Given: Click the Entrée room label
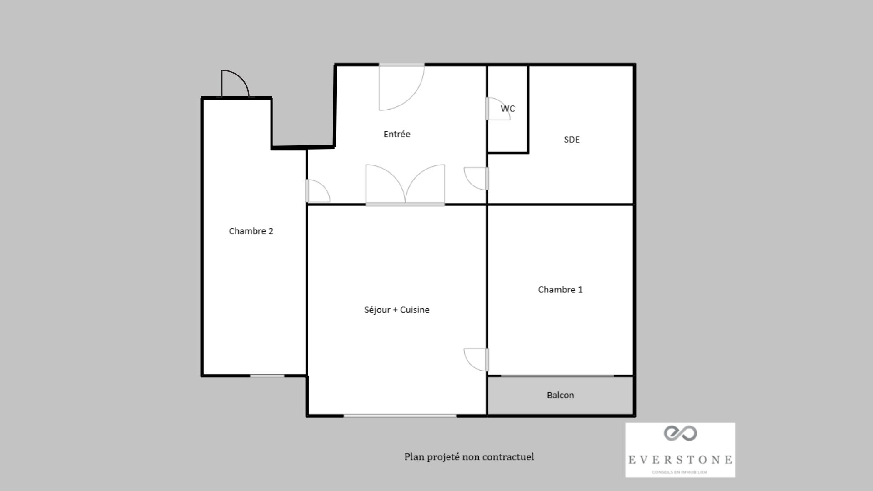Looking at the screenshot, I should point(396,134).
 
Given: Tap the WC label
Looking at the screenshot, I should point(507,109).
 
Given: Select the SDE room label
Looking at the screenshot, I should point(572,140).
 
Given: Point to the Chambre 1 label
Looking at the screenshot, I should point(560,290).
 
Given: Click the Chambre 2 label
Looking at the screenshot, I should point(251,231).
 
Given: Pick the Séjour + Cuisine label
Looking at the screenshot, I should point(396,310).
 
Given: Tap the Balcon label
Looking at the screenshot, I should point(560,395).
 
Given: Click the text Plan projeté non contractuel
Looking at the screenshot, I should point(469,456).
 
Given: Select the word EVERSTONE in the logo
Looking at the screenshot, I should point(680,460).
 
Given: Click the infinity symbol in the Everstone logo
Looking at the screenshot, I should point(680,433).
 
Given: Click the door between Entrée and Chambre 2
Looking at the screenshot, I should point(317,191).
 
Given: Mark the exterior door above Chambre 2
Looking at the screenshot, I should point(235,85).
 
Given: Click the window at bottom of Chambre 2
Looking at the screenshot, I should point(267,376).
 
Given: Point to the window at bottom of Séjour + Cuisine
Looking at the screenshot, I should point(400,416).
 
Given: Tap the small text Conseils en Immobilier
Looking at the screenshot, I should point(679,472).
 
